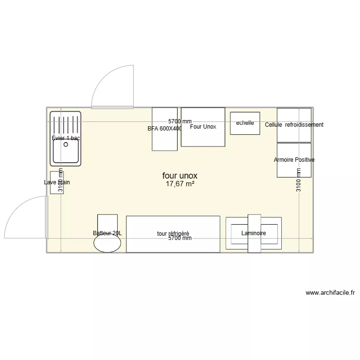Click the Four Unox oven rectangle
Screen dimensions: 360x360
(x=203, y=135)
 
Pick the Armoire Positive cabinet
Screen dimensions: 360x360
(x=294, y=166)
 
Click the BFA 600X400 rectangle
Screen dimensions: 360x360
(x=164, y=139)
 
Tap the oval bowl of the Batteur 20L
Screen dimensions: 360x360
(x=108, y=243)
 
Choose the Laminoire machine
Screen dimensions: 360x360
(x=253, y=233)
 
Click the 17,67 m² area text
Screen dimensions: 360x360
(x=180, y=184)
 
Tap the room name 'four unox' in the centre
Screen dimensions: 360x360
(x=180, y=176)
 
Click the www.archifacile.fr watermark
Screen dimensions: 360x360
(x=330, y=293)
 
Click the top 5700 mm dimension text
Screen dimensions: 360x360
(x=180, y=122)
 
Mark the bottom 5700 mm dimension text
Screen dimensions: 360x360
(x=180, y=238)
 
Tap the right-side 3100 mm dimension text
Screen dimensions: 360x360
(x=299, y=180)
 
